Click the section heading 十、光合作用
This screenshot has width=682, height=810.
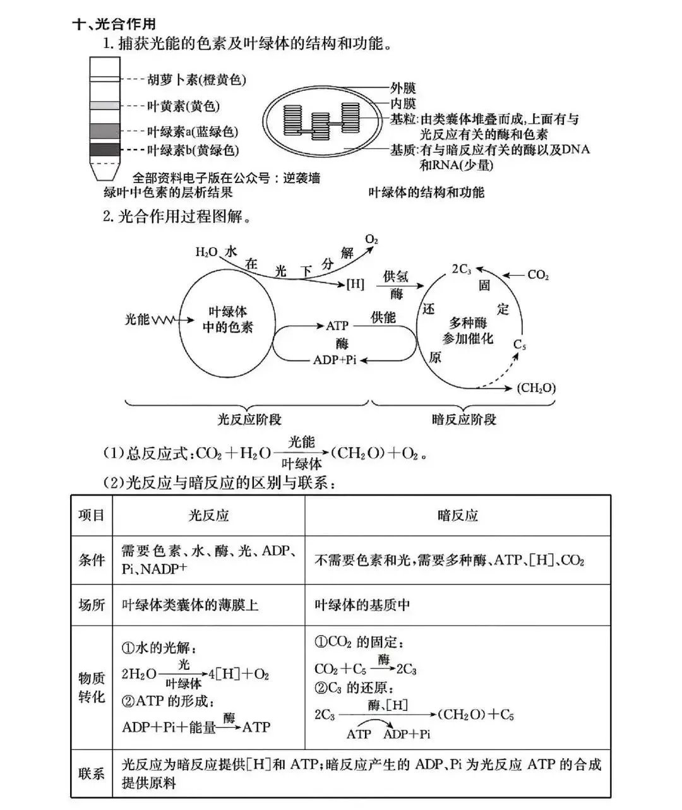114,25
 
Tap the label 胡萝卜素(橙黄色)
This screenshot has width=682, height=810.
196,80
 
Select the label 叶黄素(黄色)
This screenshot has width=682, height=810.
183,106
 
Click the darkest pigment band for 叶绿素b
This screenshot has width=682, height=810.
104,150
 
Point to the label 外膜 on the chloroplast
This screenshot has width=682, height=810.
403,88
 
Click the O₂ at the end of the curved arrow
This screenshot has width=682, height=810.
371,241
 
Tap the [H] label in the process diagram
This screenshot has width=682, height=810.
356,284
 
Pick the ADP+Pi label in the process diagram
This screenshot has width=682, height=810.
335,360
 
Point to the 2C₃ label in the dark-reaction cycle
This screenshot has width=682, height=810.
462,269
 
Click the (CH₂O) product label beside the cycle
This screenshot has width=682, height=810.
536,388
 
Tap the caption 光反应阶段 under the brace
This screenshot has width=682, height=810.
249,419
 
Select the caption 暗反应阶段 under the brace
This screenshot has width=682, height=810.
464,419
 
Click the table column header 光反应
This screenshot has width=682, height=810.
208,515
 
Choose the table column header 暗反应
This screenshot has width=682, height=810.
458,515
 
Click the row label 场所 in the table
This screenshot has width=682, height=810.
92,605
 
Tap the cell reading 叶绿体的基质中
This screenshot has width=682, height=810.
362,605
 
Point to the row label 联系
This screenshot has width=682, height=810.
92,773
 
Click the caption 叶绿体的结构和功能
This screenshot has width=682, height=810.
426,192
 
